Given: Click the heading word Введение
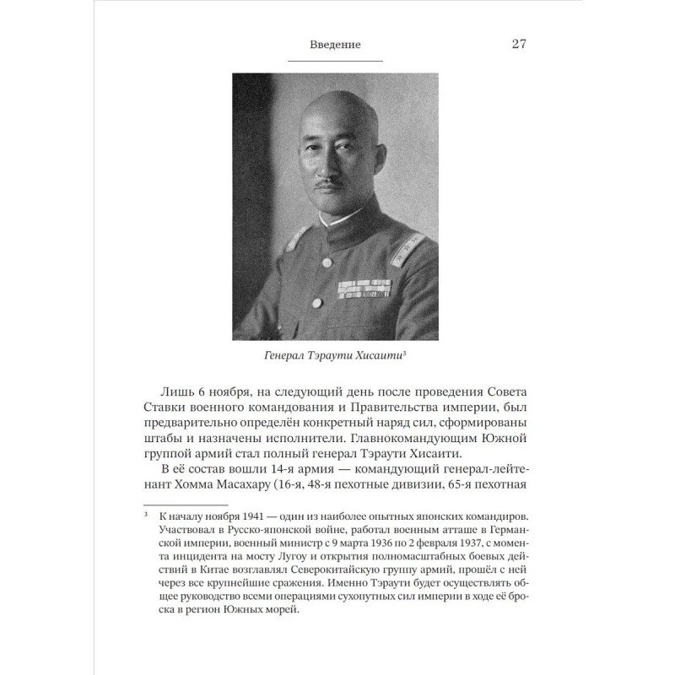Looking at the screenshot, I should [x=335, y=45].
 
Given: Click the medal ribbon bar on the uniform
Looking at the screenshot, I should [x=364, y=289].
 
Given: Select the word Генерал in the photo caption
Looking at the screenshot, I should [x=289, y=357].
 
